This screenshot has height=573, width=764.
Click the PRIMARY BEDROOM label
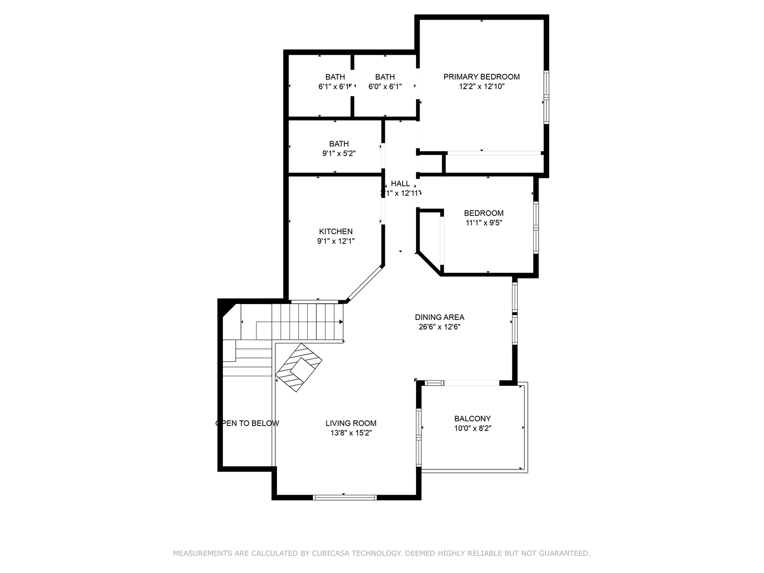point(481,77)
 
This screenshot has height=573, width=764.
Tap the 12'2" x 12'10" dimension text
point(481,86)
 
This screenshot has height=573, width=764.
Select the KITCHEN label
point(335,231)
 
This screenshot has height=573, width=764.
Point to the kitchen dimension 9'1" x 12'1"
point(335,241)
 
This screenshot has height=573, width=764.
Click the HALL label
point(400,184)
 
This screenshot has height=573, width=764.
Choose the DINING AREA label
point(439,317)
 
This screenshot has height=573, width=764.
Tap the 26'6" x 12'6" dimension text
point(439,327)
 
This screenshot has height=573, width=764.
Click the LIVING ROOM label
point(351,423)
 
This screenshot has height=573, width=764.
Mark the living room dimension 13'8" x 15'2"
point(351,433)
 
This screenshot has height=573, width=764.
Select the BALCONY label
point(472,419)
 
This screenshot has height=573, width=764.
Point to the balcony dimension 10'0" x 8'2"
point(472,428)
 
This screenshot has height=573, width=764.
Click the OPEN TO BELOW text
point(247,423)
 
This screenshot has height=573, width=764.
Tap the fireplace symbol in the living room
point(299,367)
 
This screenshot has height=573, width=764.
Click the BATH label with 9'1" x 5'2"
point(338,144)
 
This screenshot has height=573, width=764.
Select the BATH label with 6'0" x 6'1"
point(385,77)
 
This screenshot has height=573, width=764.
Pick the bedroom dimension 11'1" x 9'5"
point(483,223)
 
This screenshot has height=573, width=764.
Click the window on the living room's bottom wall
point(344,497)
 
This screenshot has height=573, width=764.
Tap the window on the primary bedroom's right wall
point(546,98)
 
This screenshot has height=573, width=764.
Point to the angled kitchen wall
point(364,284)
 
